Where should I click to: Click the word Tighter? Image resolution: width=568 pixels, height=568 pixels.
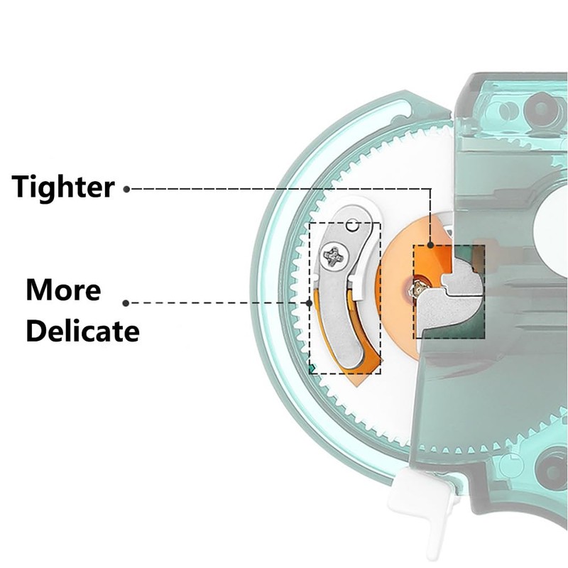(x=63, y=187)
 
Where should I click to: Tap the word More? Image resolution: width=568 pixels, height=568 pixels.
(x=63, y=290)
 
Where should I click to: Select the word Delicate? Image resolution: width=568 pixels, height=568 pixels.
(x=82, y=331)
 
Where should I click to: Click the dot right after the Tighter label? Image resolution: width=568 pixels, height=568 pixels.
(x=126, y=189)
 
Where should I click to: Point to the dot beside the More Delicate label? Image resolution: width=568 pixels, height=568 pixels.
(x=126, y=303)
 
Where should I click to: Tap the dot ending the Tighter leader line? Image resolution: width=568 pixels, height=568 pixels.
(x=430, y=245)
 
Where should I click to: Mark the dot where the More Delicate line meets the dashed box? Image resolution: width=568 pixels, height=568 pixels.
(x=309, y=303)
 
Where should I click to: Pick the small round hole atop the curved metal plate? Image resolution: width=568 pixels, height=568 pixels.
(x=352, y=225)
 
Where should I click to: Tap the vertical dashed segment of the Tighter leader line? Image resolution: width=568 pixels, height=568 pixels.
(x=430, y=217)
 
